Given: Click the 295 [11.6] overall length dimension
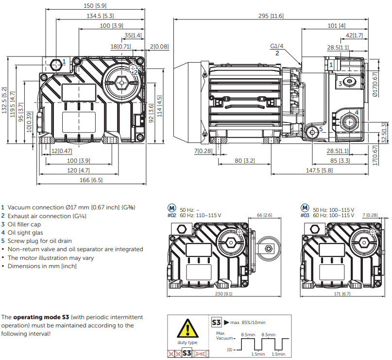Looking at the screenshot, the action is point(271,16).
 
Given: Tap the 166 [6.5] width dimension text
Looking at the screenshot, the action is point(91,180).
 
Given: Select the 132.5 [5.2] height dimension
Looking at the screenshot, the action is point(4,100).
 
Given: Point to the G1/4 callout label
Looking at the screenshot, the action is point(277,46).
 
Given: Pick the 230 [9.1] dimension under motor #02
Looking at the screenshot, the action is point(224,293).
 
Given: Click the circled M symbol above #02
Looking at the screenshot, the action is point(171,208).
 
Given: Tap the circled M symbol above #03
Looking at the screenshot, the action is point(305,208).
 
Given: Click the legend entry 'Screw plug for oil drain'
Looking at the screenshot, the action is point(36,241).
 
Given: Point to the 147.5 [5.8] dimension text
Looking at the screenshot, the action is point(319,170).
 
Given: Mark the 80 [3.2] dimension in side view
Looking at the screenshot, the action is point(245,160).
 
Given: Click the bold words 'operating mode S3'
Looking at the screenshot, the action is point(41,317).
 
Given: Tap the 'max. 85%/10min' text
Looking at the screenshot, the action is point(248,323).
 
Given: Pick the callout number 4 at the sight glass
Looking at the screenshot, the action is point(357,113).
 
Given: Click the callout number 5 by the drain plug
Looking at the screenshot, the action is point(321,129).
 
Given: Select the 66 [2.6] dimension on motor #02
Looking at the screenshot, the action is point(265,215).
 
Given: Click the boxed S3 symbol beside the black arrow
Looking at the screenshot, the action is point(216,322).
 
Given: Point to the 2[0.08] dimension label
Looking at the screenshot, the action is point(159,47).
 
